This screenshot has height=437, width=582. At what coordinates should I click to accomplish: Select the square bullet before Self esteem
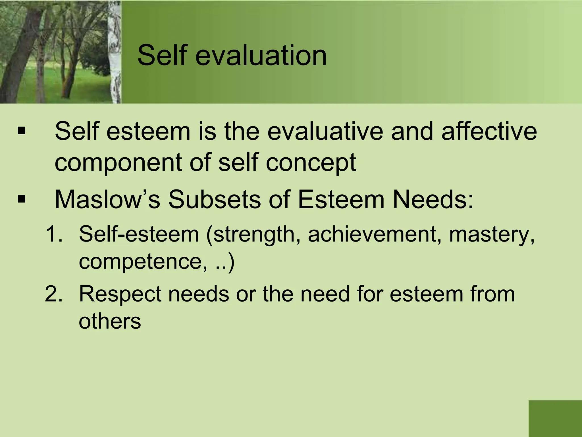click(21, 131)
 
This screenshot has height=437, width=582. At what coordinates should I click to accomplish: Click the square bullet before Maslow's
click(21, 199)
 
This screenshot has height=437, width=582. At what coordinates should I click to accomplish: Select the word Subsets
click(215, 199)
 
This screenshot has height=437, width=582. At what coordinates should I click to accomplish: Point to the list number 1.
click(54, 234)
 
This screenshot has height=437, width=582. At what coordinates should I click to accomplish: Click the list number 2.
click(54, 294)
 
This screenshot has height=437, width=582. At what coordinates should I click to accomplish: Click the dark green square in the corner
click(555, 419)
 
